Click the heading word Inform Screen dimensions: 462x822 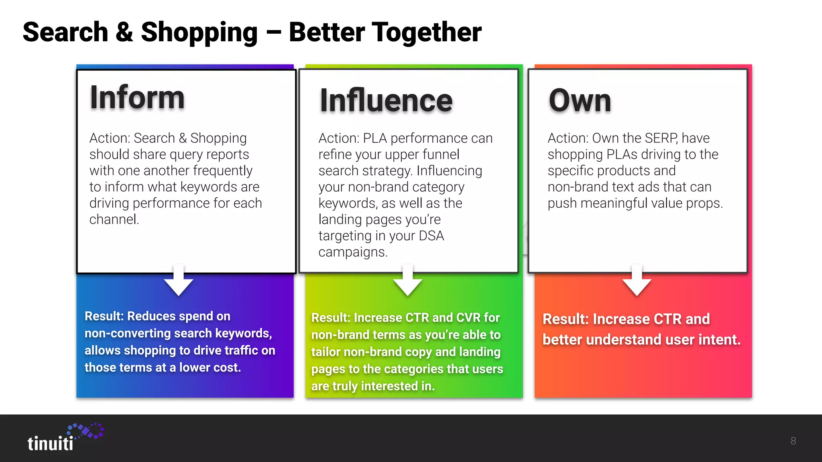[137, 97]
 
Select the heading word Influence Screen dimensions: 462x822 [386, 101]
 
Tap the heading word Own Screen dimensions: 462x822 [580, 101]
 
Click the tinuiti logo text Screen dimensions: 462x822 [51, 444]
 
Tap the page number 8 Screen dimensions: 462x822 [793, 441]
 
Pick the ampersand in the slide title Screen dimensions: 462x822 [124, 32]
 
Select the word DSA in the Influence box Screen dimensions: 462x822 [431, 236]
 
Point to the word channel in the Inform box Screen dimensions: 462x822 [114, 220]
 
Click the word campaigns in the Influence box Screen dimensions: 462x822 [353, 252]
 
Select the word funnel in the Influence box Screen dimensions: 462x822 [440, 154]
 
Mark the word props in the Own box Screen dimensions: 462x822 [704, 203]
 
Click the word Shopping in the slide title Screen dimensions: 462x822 [199, 33]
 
